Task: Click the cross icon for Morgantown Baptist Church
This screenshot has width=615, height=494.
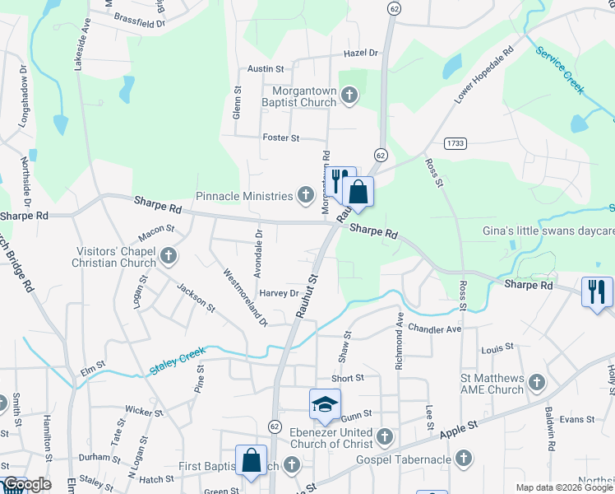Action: point(349,96)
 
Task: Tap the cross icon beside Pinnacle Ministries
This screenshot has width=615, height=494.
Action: point(306,196)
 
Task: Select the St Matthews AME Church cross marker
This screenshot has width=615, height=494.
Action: point(536,383)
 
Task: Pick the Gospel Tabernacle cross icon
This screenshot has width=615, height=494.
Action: point(463,458)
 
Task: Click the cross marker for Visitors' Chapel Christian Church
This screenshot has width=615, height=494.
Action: point(169,256)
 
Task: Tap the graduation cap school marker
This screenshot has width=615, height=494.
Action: point(325,404)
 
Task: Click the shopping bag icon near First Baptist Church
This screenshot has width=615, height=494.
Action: point(251,461)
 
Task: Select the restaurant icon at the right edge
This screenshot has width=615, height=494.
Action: point(597,291)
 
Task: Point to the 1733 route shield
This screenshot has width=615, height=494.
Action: point(455,143)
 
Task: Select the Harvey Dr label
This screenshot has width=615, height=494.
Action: point(279,293)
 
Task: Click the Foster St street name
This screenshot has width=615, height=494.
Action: point(280,137)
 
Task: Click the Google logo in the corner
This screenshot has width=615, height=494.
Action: point(26,484)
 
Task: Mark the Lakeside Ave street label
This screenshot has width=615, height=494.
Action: point(81,47)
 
